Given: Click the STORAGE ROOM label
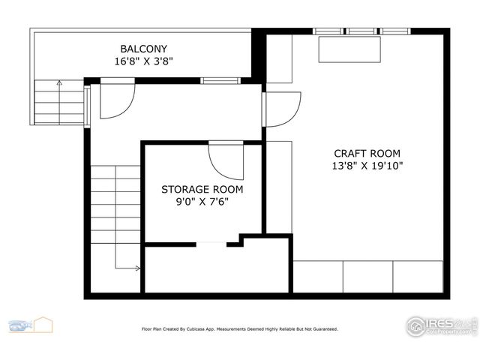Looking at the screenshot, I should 202,189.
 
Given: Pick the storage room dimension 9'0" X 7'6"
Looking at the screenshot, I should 202,202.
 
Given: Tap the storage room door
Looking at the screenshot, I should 226,160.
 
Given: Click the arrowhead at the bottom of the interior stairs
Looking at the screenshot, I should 137,268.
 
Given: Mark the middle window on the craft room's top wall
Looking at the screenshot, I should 362,31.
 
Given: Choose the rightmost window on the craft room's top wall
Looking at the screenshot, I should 395,31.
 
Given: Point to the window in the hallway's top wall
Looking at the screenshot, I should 220,80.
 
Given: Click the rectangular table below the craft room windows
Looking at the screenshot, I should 349,49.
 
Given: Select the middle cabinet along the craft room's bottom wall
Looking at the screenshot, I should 367,277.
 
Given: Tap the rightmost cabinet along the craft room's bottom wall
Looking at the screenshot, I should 418,277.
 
